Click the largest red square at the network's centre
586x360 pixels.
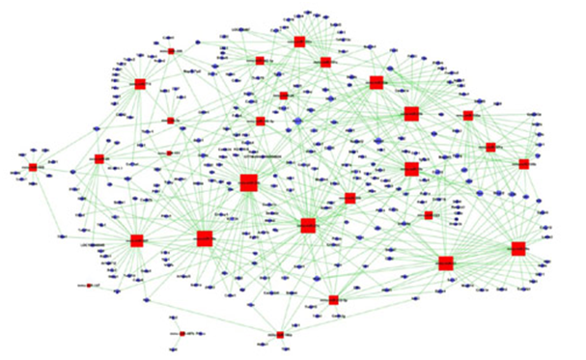pyautogui.click(x=248, y=182)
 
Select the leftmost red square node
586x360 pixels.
pyautogui.click(x=33, y=167)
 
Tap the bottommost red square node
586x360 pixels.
pyautogui.click(x=280, y=334)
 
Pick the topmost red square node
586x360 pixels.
pyautogui.click(x=299, y=42)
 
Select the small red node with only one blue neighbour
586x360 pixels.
pyautogui.click(x=89, y=286)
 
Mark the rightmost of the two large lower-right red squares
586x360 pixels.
pyautogui.click(x=518, y=248)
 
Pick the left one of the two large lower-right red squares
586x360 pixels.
pyautogui.click(x=445, y=263)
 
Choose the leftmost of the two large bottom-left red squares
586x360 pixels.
pyautogui.click(x=136, y=240)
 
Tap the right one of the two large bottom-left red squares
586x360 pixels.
pyautogui.click(x=204, y=237)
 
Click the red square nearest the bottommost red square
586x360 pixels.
pyautogui.click(x=333, y=299)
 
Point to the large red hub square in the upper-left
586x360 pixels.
pyautogui.click(x=140, y=84)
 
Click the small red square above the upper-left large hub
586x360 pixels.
pyautogui.click(x=171, y=51)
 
